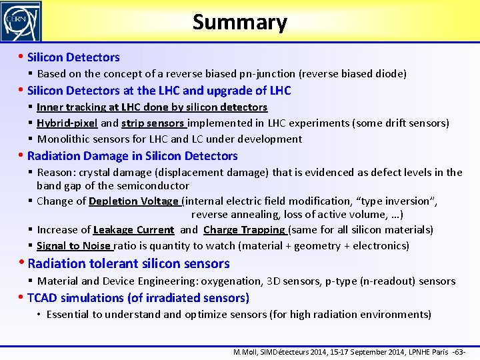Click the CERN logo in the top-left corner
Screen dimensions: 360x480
tap(21, 21)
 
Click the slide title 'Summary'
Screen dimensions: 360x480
tap(239, 22)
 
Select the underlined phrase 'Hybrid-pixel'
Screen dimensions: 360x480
tap(67, 123)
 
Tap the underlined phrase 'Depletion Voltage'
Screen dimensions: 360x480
tap(133, 201)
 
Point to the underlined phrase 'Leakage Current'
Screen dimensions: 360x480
tap(133, 230)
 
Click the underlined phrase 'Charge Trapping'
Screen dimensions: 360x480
tap(245, 230)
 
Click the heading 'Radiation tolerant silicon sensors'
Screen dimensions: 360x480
tap(129, 263)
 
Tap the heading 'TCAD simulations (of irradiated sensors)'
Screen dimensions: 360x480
tap(138, 298)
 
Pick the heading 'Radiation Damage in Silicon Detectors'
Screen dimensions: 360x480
tap(132, 156)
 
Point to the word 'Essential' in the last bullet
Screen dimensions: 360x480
tap(69, 315)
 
